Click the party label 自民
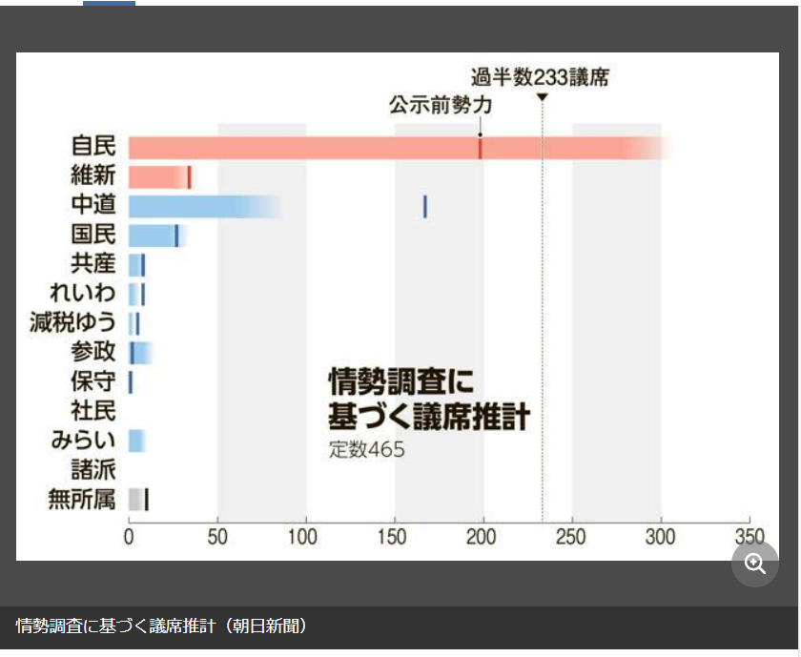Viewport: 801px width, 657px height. [93, 147]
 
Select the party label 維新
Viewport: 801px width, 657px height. [93, 176]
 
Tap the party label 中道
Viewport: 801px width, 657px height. [93, 206]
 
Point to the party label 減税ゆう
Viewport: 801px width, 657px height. [72, 323]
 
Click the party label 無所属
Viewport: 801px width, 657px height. [82, 499]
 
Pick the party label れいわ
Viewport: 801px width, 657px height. [82, 294]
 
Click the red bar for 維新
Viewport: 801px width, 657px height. [157, 177]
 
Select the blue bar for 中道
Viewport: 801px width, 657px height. [191, 206]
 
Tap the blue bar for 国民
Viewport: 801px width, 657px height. [151, 236]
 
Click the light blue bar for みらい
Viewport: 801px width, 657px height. [135, 441]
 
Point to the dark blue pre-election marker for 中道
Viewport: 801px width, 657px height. [424, 206]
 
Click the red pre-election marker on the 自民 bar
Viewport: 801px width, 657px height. [480, 148]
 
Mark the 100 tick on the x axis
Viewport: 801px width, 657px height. [306, 536]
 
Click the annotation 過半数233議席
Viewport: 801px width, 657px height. [540, 77]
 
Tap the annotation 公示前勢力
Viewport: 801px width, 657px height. [439, 105]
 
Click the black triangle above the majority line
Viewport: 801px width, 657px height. [542, 97]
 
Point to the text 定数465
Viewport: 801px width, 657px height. [367, 450]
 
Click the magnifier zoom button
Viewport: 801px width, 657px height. [755, 564]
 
